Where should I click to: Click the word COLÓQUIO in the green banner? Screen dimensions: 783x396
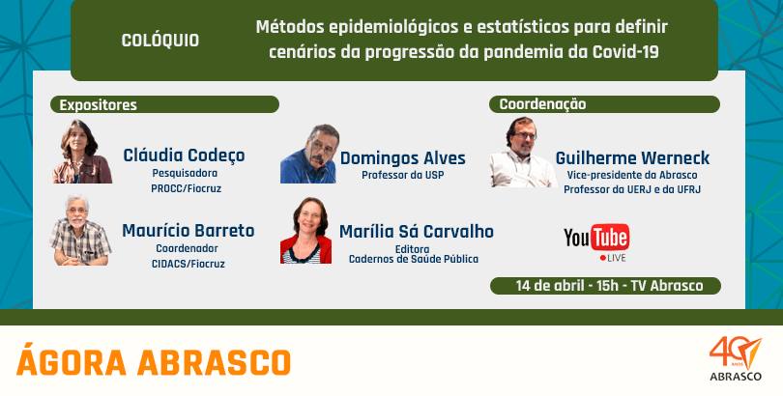(x=159, y=41)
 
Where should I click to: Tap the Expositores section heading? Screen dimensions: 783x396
(x=98, y=105)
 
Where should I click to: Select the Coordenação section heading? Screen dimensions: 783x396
(x=542, y=104)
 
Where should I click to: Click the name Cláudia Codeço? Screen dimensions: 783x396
(x=184, y=156)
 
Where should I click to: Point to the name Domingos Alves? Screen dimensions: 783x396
(x=402, y=158)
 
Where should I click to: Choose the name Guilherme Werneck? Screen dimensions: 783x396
(x=632, y=158)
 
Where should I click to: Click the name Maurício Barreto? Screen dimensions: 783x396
(x=188, y=231)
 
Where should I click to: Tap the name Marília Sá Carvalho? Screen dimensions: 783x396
(x=416, y=232)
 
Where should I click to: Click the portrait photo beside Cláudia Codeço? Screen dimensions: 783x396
(x=82, y=152)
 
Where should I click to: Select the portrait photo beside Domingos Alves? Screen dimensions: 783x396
(x=309, y=154)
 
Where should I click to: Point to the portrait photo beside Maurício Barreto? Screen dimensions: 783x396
(x=80, y=230)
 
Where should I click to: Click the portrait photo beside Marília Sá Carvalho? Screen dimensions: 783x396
(x=305, y=231)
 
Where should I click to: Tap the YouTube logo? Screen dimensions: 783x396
(x=596, y=238)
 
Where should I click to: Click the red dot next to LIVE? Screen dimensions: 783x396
(x=603, y=258)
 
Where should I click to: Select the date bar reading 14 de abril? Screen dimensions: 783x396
(x=605, y=286)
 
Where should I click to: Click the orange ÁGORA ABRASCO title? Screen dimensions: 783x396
(x=154, y=362)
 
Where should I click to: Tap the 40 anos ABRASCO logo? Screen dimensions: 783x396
(x=735, y=358)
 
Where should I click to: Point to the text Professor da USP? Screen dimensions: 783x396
(x=402, y=175)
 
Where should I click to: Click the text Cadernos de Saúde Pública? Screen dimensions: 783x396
(x=414, y=259)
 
